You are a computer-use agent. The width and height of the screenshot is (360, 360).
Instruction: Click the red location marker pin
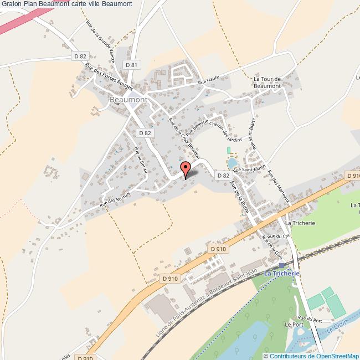coord(186,168)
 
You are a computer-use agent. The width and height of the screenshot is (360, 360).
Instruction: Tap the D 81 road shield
coord(131,65)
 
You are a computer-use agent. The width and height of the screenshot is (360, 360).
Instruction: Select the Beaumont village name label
coord(128,99)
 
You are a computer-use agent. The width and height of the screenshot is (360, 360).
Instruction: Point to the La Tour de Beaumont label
coord(268,83)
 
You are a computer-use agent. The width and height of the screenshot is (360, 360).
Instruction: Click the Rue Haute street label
coord(209,82)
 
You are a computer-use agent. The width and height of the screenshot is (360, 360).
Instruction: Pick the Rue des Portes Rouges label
coord(102,76)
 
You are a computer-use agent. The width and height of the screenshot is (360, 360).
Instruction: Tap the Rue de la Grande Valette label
coord(100,42)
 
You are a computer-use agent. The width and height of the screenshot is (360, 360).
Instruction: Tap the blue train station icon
coord(281,266)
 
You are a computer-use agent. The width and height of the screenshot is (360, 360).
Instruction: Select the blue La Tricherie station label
coord(282,274)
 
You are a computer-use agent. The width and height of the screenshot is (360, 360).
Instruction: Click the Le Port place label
coord(291,325)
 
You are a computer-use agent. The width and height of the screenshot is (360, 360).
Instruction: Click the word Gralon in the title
coord(11,4)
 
